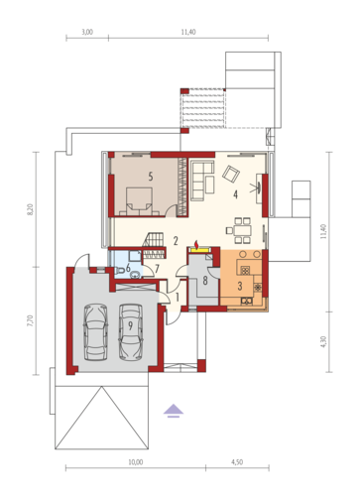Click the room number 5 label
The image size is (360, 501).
(151, 177)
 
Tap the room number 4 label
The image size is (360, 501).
(235, 194)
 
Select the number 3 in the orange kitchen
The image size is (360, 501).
(240, 286)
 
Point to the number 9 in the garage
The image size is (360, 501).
(131, 325)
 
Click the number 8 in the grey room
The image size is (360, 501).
(205, 281)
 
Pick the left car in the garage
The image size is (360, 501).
(95, 332)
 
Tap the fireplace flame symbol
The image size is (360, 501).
(196, 245)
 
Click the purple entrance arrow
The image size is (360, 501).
(174, 411)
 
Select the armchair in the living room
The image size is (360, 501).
(231, 174)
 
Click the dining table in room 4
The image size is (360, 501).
(242, 230)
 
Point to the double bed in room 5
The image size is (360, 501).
(139, 201)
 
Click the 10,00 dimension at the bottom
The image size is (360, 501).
(136, 462)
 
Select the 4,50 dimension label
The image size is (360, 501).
(237, 462)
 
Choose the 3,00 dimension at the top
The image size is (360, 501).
(87, 32)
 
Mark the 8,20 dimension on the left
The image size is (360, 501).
(30, 209)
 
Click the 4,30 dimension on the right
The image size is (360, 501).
(323, 341)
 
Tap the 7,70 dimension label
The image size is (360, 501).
(30, 320)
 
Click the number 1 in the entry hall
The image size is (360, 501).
(178, 298)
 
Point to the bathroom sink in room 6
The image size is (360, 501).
(135, 275)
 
